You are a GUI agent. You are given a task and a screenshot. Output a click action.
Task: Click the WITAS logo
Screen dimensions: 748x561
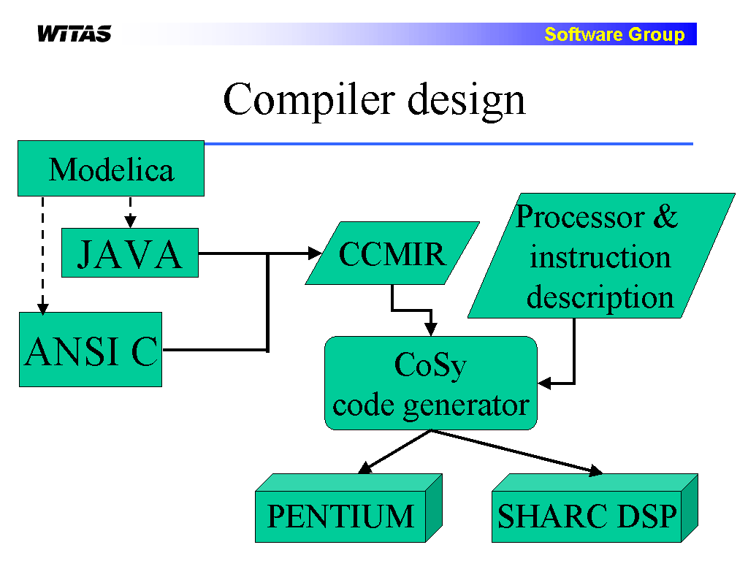coord(75,34)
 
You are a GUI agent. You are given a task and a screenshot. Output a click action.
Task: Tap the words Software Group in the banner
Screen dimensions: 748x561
coord(614,34)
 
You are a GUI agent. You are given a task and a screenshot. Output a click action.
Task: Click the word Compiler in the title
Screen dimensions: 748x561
coord(309,99)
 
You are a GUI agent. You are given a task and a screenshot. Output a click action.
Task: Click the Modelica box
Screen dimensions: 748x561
coord(111,169)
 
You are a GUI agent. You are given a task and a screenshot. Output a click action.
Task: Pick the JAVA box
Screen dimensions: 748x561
coord(130,253)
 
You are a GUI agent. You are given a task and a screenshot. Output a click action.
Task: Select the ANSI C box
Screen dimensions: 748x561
coord(91,350)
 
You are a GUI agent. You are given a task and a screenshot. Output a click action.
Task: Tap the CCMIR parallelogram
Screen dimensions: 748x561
coord(392,253)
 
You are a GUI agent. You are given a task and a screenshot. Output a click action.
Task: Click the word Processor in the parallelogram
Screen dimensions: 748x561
coord(580,218)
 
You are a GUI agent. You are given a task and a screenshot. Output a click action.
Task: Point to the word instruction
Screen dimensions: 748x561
coord(600,257)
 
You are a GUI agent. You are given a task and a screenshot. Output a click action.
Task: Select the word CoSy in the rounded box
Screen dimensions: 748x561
coord(430,367)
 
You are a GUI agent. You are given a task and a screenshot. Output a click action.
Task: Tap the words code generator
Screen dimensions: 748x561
coord(431,406)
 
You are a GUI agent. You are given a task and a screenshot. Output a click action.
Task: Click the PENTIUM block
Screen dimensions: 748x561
coord(348,508)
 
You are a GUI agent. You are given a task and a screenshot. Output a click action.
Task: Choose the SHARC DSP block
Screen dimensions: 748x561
coord(595,508)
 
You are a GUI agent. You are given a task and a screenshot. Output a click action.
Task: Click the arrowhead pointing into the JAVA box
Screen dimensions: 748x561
coord(130,222)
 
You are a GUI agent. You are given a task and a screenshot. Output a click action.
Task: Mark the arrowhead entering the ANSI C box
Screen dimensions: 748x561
coord(43,308)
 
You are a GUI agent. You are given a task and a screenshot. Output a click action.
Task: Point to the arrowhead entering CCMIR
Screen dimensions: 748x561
coord(316,253)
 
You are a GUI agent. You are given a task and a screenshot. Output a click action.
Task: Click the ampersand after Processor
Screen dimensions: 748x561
coord(665,217)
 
